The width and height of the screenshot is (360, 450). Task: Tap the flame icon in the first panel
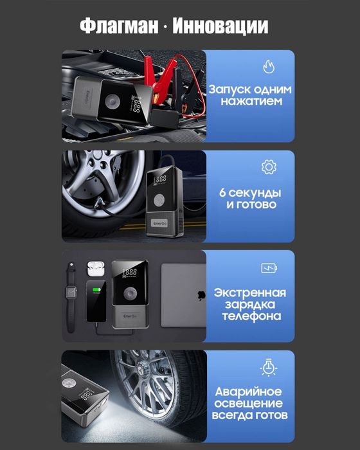point(268,66)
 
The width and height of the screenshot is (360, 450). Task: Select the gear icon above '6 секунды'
point(268,167)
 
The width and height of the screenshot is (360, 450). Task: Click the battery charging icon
point(268,268)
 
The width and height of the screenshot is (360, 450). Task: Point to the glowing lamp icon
point(268,368)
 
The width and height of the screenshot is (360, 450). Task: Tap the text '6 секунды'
point(251,192)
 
